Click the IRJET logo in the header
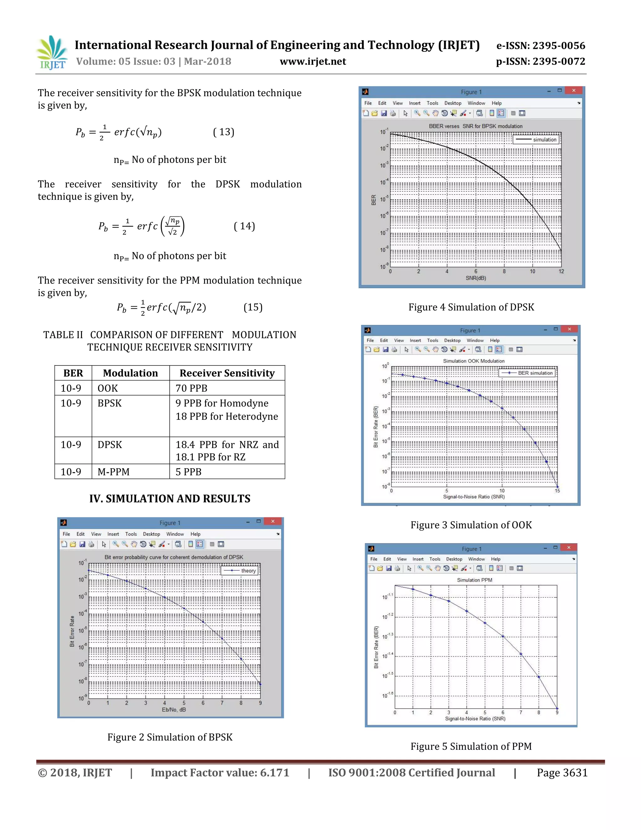[52, 53]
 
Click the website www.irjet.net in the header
[313, 62]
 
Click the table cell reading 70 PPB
[191, 388]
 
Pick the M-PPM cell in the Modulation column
[114, 472]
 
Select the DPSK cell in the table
[110, 444]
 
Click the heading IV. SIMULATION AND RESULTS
[170, 499]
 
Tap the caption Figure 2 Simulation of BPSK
[170, 737]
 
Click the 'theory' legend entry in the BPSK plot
[248, 570]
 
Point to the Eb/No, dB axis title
[173, 709]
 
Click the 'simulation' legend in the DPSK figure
[544, 139]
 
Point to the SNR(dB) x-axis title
[475, 278]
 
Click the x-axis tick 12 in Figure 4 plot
[561, 271]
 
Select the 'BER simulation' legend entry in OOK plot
[535, 373]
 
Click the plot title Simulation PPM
[474, 580]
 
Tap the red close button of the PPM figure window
[568, 547]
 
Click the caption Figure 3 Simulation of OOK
[471, 525]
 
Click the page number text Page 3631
[562, 773]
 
